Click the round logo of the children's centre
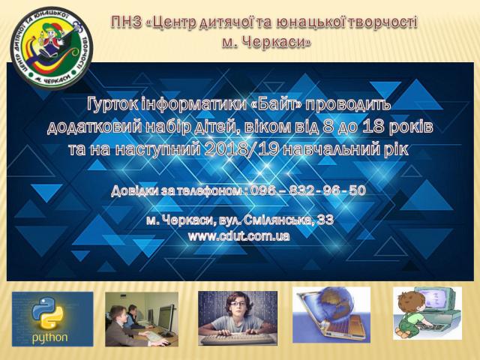click(52, 48)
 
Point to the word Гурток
click(112, 105)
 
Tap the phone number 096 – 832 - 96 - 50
click(308, 190)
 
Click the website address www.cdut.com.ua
click(239, 236)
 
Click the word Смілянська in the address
click(279, 220)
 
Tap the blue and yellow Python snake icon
click(47, 313)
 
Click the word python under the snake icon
click(50, 337)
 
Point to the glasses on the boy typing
click(238, 304)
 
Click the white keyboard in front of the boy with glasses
click(238, 339)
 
